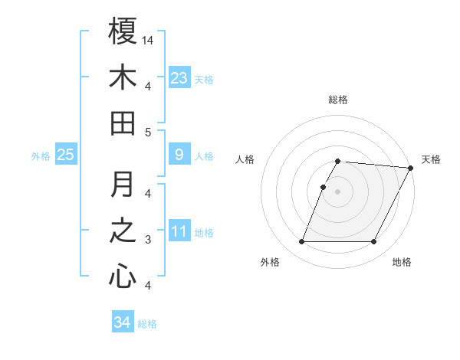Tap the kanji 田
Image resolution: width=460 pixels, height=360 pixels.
[x=123, y=123]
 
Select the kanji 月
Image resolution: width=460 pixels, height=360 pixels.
[x=123, y=185]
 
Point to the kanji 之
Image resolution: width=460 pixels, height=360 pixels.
[x=123, y=231]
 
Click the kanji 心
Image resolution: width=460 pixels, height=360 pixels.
[x=123, y=277]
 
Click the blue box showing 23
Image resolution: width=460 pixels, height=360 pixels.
[x=179, y=77]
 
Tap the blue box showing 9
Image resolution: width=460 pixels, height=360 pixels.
[x=179, y=155]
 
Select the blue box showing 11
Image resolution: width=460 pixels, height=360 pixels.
[x=179, y=231]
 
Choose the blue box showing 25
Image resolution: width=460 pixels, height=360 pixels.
[x=65, y=155]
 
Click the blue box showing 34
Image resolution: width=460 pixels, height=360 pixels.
[x=122, y=322]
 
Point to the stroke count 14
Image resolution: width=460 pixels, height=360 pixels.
[x=149, y=40]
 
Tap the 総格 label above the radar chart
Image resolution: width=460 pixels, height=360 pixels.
[x=338, y=100]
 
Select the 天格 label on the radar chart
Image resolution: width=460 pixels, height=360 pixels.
[x=431, y=159]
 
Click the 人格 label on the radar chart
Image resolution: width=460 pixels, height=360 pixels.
[x=245, y=159]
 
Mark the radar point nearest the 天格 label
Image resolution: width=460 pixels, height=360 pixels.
[x=410, y=168]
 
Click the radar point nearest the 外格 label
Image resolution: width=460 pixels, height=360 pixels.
[x=301, y=242]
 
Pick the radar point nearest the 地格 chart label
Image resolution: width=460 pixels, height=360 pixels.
[x=374, y=242]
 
